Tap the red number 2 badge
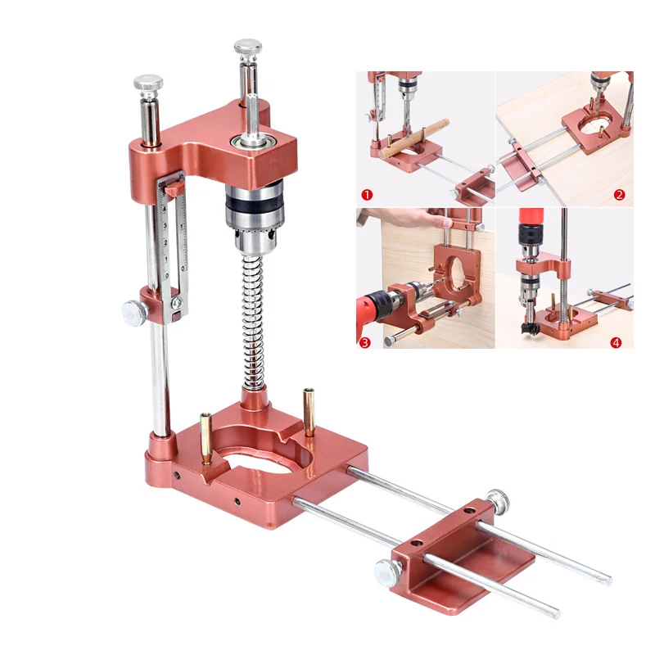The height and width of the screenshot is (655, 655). pos(619,195)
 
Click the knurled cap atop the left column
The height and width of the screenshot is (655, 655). pos(148,83)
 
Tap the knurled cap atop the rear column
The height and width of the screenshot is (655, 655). pos(247,47)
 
